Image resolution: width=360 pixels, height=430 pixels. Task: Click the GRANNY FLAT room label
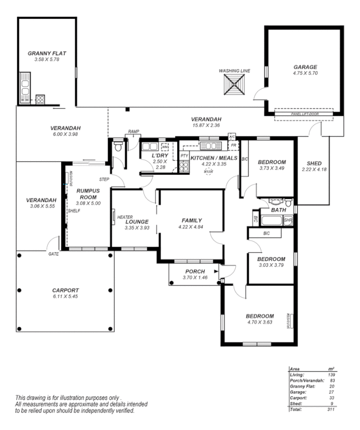tap(46, 53)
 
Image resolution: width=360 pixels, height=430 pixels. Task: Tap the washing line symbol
tap(235, 84)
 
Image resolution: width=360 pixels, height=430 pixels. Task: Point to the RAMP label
tap(133, 132)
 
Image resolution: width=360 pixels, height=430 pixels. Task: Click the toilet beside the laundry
tap(118, 146)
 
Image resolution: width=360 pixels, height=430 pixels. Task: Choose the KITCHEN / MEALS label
tap(214, 157)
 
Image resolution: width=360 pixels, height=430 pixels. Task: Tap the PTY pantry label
tap(184, 156)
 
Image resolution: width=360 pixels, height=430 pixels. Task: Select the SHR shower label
tap(287, 220)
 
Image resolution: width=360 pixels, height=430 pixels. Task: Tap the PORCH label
tap(194, 271)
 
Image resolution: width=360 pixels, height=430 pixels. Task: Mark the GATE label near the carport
tap(53, 254)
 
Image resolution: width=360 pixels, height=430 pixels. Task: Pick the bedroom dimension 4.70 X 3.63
tap(260, 322)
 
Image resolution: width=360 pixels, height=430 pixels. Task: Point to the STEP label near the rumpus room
tap(104, 179)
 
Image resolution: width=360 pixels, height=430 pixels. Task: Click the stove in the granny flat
tap(40, 99)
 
